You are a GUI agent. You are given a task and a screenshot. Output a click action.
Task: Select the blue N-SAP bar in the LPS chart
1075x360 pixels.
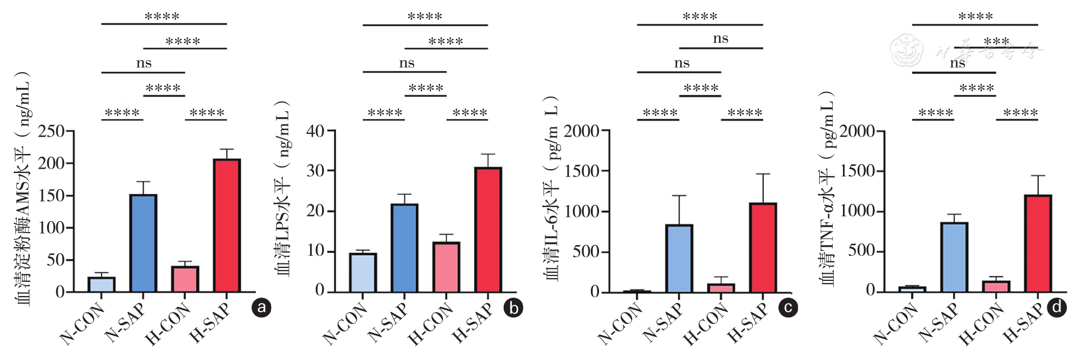(x=404, y=248)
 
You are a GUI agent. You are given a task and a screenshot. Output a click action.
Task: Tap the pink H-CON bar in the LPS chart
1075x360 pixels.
(x=446, y=267)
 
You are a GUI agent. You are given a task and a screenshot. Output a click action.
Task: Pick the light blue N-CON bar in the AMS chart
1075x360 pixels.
(x=101, y=285)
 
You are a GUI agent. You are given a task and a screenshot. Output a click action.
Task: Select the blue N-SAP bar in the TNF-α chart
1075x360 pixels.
(x=954, y=257)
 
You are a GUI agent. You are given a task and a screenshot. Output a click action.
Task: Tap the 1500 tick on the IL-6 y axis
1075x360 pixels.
(x=582, y=171)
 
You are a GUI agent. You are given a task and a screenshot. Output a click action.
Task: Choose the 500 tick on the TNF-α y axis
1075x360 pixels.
(x=862, y=251)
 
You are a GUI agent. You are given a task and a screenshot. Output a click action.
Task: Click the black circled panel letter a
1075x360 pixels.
(x=261, y=308)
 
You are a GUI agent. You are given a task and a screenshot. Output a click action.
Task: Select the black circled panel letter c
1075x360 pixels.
(x=788, y=308)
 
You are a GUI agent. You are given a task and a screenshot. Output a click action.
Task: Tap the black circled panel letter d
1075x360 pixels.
(x=1057, y=308)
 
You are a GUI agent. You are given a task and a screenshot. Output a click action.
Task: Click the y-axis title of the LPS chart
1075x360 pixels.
(x=284, y=187)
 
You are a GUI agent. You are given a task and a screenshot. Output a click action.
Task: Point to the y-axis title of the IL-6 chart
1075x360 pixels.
(x=551, y=187)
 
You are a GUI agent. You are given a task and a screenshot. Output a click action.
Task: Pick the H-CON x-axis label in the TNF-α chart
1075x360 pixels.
(x=982, y=325)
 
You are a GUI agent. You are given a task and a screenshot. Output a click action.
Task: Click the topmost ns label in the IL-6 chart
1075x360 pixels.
(x=720, y=38)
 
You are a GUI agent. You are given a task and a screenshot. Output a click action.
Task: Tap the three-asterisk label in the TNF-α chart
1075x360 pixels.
(x=996, y=41)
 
